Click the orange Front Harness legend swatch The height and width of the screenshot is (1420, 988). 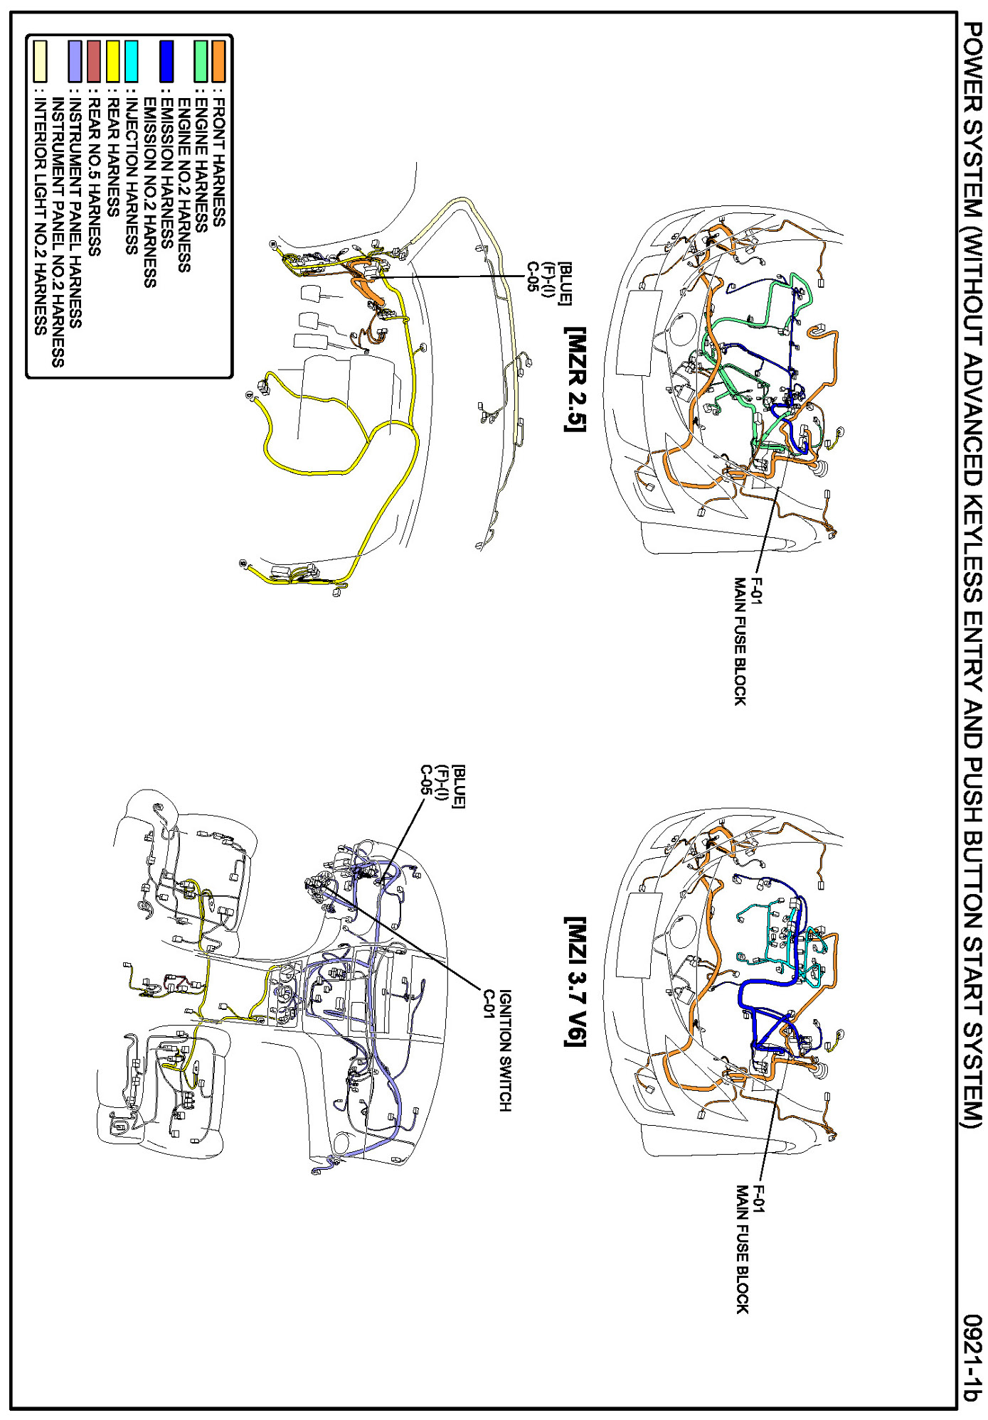[x=218, y=60]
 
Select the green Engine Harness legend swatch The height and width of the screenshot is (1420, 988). [x=201, y=60]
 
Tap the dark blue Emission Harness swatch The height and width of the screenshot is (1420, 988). [x=166, y=60]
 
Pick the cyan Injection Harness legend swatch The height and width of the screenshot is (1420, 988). [x=132, y=60]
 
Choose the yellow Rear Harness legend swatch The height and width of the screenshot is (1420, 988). [x=113, y=60]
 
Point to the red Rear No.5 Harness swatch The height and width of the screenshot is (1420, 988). [x=95, y=60]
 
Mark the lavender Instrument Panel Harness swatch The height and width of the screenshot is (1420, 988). [x=75, y=60]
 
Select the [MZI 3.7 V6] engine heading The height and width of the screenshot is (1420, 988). [x=575, y=981]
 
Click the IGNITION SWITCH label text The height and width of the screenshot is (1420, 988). [x=505, y=1050]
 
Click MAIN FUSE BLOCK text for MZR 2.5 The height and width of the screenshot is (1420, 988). [x=740, y=641]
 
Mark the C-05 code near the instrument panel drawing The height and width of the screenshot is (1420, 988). [x=425, y=780]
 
